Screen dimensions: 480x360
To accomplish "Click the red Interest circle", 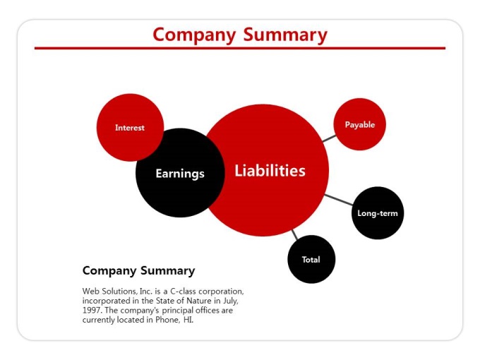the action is coord(130,127).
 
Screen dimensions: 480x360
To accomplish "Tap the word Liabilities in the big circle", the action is coord(270,171).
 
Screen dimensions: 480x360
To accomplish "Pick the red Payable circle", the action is coord(360,124).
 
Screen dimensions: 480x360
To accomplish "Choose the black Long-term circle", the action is coord(378,213).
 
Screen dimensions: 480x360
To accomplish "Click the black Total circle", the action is coord(311,259).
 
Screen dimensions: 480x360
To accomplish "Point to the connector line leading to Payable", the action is coord(329,138).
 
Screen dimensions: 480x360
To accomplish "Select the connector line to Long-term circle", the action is coord(338,199).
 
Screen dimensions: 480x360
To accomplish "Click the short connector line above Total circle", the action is coord(294,235).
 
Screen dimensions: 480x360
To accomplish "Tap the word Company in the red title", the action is coord(194,35).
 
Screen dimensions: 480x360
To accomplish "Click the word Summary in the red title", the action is coord(285,35).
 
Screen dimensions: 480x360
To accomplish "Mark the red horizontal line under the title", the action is coord(240,48).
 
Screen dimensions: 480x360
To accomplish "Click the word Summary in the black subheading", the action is coord(168,271).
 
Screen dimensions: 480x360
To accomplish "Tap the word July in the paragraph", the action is coord(230,301).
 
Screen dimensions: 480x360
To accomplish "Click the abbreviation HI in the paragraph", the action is coord(188,320).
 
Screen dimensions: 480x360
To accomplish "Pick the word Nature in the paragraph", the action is coord(199,301).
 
